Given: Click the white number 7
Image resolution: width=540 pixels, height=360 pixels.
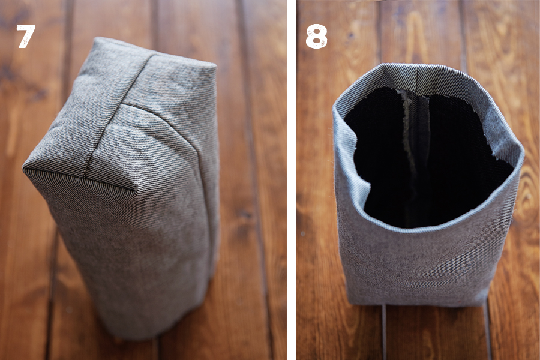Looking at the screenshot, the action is tap(25, 36).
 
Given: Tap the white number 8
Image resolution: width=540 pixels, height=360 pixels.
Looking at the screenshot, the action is tap(316, 36).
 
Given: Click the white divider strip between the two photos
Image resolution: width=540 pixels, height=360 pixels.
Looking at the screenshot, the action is tap(292, 180).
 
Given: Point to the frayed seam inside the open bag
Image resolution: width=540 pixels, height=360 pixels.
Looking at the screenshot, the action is tap(409, 138).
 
